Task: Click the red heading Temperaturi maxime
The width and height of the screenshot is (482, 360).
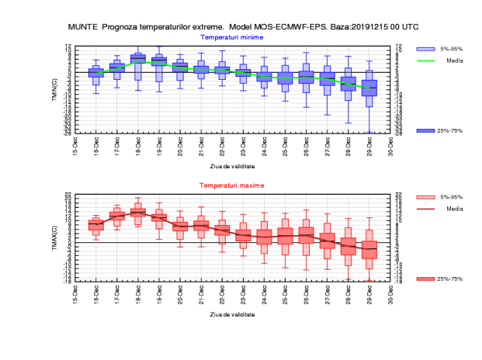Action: pyautogui.click(x=232, y=186)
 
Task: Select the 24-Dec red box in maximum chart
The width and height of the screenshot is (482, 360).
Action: pyautogui.click(x=264, y=237)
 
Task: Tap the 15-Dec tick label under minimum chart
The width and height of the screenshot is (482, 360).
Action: pyautogui.click(x=75, y=146)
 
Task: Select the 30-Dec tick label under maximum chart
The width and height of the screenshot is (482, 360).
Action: pyautogui.click(x=390, y=295)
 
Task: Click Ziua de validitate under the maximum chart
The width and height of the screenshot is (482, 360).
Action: pyautogui.click(x=232, y=314)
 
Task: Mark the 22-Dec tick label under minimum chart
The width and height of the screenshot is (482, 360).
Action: pyautogui.click(x=222, y=146)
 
